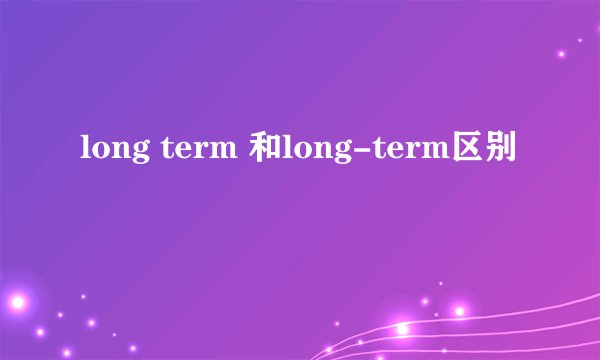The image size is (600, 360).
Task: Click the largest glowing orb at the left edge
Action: coord(14,300)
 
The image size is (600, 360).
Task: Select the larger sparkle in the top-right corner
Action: coord(561,53)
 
